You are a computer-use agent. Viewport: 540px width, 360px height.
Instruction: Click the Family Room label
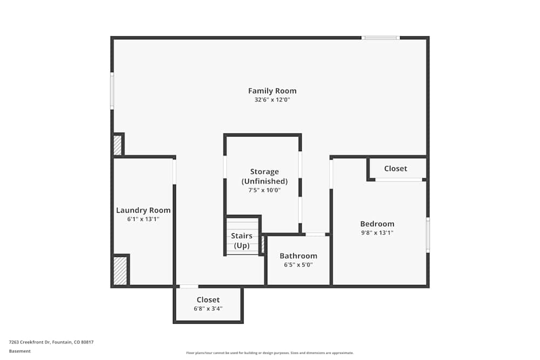tap(272, 91)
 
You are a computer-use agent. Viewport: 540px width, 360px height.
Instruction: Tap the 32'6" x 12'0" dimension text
tap(272, 100)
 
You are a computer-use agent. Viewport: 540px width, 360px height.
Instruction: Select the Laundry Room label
tap(143, 210)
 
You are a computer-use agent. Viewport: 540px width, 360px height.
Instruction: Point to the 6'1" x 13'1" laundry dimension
tap(143, 219)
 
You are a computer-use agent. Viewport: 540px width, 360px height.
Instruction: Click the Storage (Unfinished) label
tap(264, 176)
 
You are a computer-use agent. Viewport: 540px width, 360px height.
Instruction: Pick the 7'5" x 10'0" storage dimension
tap(264, 190)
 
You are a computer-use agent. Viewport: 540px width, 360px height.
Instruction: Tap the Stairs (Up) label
tap(241, 241)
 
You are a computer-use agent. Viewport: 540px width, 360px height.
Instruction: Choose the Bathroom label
tap(298, 256)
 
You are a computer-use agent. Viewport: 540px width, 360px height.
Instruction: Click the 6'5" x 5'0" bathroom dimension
tap(298, 265)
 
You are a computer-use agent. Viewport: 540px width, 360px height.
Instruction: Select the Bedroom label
tap(377, 224)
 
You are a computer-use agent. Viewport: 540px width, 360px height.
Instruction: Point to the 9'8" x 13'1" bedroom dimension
tap(377, 233)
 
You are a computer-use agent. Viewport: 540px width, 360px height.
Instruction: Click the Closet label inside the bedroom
tap(395, 168)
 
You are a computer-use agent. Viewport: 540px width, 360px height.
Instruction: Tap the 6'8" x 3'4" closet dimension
tap(208, 309)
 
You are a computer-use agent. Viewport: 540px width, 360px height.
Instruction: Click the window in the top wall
tap(380, 38)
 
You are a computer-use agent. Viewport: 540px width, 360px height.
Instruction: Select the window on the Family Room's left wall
tap(112, 91)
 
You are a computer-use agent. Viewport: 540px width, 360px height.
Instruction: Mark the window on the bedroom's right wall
tap(428, 235)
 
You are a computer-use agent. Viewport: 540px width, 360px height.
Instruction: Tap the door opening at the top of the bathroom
tap(315, 234)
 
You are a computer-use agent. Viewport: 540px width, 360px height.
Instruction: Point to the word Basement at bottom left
tap(20, 351)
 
